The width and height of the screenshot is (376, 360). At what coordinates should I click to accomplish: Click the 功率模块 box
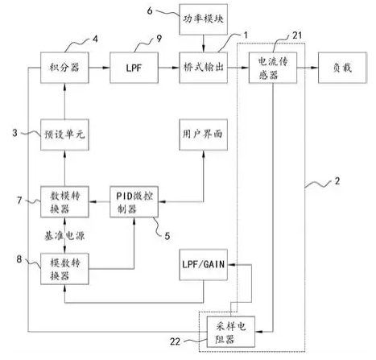204,19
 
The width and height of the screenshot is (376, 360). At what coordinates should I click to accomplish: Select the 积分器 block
64,68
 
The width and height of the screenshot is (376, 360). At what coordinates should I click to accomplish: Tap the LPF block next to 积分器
134,68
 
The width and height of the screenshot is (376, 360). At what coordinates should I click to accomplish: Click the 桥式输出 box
204,68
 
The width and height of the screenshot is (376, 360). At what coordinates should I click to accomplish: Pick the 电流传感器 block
273,68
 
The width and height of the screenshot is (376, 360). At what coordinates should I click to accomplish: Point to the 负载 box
342,68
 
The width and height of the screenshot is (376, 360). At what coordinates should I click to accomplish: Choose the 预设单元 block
64,134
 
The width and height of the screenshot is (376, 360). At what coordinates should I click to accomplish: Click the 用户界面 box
204,134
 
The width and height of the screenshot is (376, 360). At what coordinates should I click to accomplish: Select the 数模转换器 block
64,201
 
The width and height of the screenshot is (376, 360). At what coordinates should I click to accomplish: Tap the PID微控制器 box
134,201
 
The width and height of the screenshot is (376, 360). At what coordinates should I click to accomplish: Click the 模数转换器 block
64,269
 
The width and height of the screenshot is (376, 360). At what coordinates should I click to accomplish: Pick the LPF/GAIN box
204,265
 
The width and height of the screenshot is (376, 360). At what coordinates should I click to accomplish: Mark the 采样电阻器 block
231,332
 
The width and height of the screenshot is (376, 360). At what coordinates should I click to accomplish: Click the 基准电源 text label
64,236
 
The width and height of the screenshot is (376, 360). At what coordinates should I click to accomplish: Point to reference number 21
297,35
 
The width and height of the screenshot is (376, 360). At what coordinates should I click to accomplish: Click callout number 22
175,341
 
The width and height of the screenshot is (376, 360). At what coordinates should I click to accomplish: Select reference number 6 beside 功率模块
150,10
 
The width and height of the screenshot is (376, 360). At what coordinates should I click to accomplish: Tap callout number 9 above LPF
159,39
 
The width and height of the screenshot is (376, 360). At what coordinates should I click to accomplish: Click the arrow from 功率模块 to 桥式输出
204,43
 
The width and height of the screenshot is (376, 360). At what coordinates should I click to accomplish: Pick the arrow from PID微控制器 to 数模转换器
99,201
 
